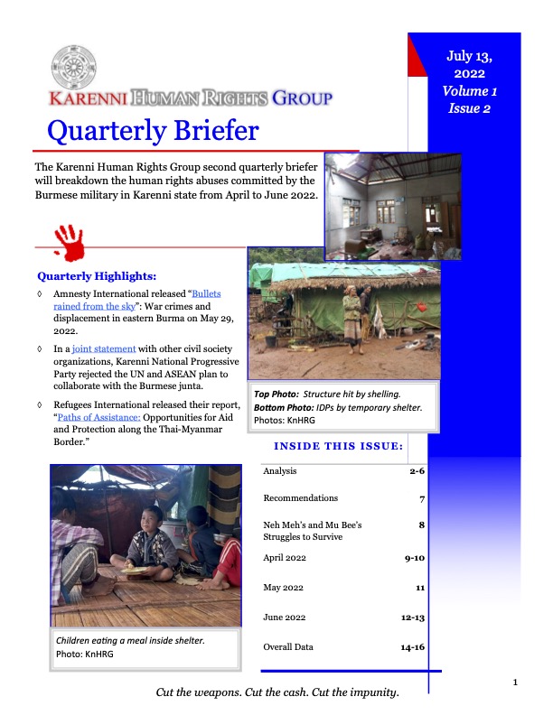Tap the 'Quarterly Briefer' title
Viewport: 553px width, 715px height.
pos(152,132)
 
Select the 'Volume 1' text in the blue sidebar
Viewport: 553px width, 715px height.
pos(469,91)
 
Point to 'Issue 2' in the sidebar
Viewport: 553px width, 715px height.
pos(469,108)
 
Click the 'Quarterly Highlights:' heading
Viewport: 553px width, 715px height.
pos(97,275)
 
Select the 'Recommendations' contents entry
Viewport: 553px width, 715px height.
pos(301,497)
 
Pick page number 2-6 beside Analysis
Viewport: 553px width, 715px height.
pos(412,471)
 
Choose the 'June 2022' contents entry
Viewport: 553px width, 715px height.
pos(285,617)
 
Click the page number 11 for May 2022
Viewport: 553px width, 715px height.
pos(418,588)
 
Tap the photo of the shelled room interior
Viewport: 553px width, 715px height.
pos(392,206)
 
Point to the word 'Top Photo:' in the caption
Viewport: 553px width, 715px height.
pos(276,395)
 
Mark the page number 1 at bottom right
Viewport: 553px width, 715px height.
pos(514,682)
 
